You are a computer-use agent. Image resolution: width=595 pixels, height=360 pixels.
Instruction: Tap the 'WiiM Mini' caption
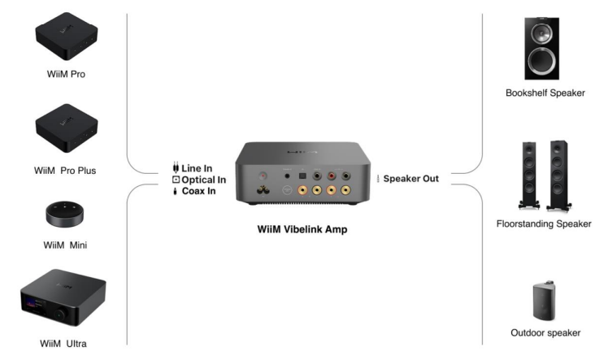66,245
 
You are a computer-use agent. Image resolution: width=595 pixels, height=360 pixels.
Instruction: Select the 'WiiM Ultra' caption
66,344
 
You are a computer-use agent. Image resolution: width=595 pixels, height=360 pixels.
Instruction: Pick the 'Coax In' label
199,192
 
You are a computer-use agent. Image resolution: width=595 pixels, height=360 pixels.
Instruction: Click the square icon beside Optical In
175,180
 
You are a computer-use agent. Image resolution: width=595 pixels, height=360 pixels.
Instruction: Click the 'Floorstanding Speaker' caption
544,223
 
